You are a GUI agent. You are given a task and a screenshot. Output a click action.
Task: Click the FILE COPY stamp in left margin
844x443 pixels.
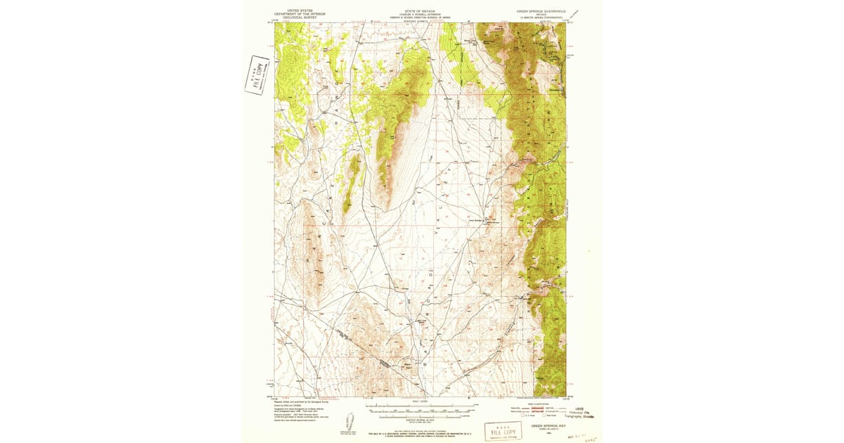[257, 74]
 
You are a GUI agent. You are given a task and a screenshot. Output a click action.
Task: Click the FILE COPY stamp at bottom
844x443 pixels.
[503, 431]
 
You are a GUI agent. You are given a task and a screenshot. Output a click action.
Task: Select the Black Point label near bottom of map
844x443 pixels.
[407, 364]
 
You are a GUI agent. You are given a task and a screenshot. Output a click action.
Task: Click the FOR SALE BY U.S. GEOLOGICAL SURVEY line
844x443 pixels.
[420, 434]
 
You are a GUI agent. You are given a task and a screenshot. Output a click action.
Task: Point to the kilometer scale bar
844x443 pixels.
[419, 416]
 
